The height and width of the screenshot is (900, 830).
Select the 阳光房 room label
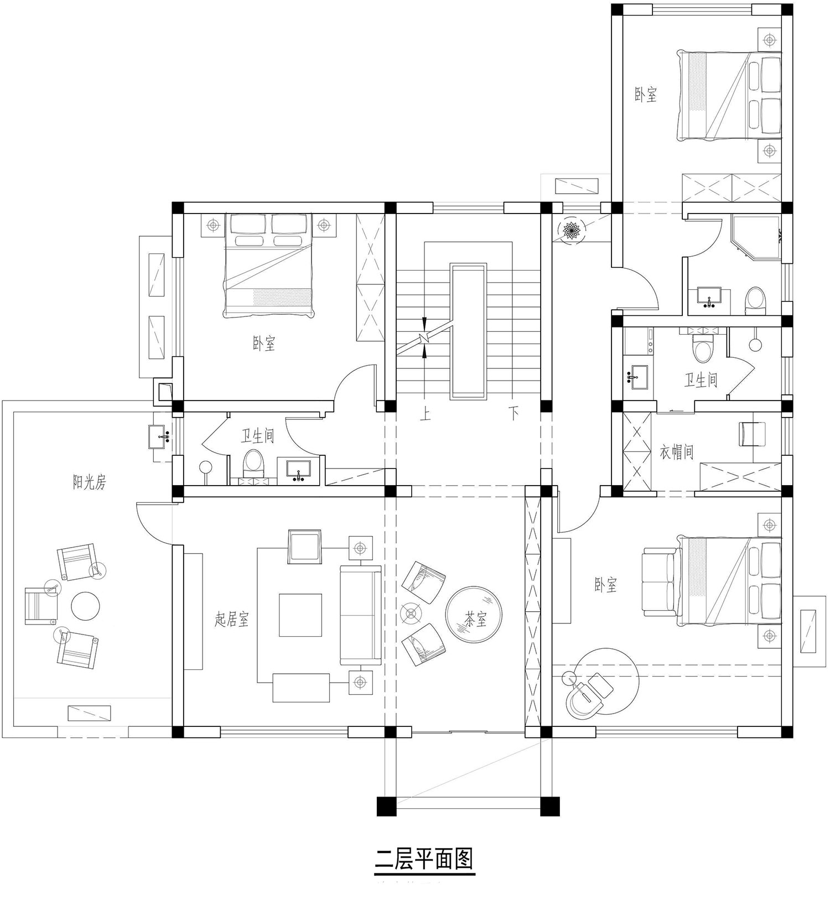(x=89, y=482)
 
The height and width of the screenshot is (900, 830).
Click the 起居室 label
(x=232, y=620)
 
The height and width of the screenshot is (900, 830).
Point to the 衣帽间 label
(x=677, y=452)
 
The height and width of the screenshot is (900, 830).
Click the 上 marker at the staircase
(x=424, y=414)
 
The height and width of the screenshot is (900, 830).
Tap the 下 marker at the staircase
(x=514, y=413)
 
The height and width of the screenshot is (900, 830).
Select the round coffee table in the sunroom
(x=86, y=606)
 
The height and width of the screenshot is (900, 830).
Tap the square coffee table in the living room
(x=300, y=615)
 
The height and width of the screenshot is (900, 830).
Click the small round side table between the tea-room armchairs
(x=411, y=612)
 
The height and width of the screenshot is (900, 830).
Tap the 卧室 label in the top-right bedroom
(x=646, y=95)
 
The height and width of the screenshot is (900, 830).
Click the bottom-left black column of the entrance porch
(x=387, y=806)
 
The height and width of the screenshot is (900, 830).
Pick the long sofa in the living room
(x=360, y=615)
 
